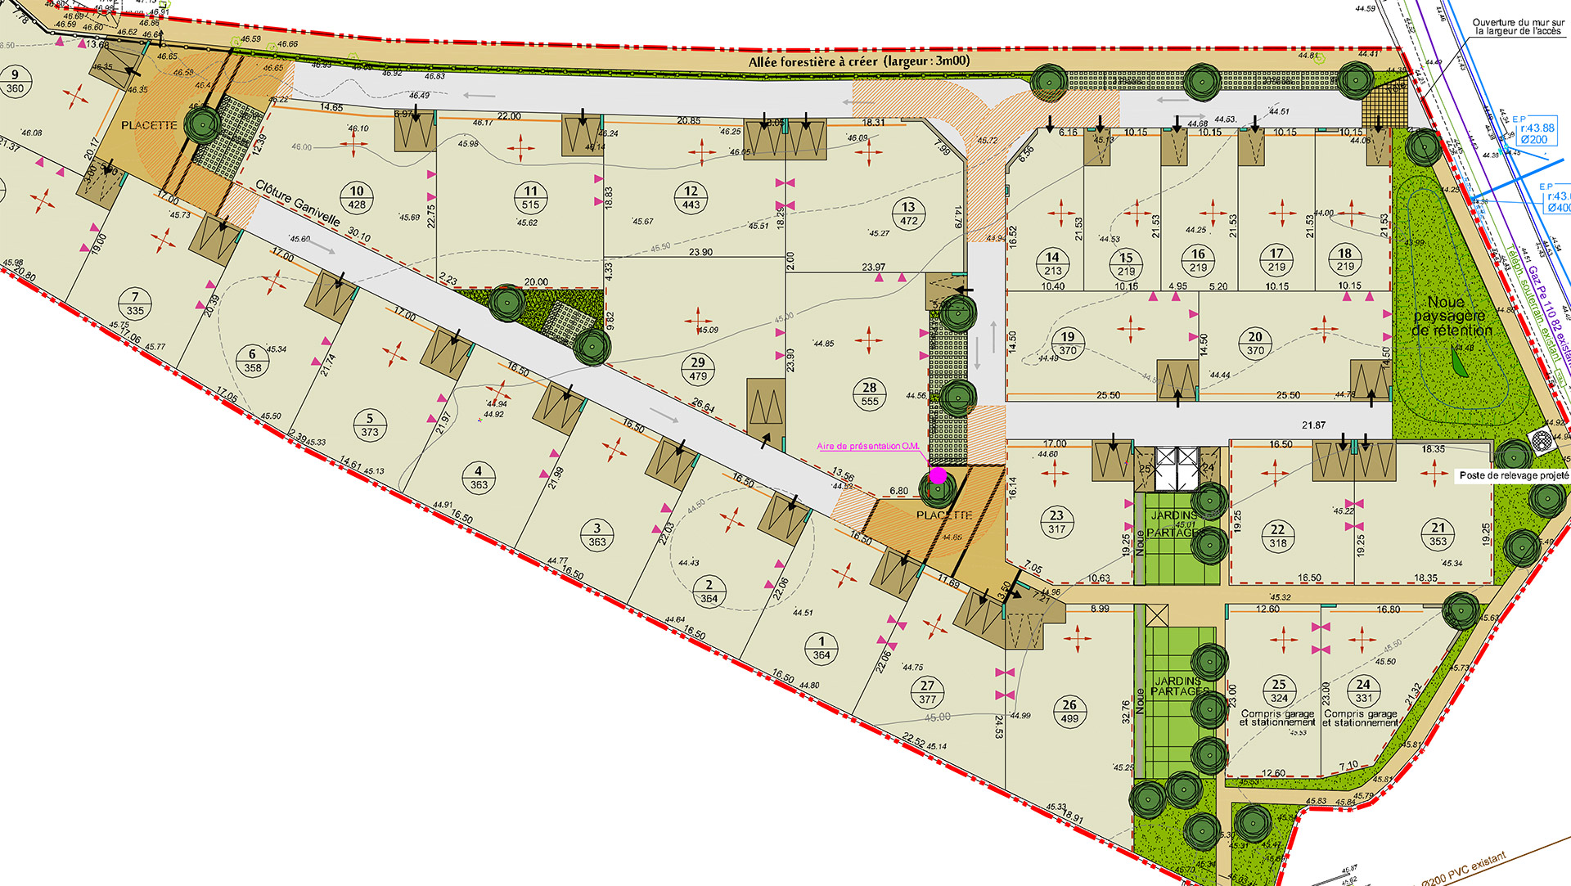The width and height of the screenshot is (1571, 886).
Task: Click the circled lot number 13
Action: pos(908,207)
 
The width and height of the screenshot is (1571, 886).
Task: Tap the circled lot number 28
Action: pos(870,388)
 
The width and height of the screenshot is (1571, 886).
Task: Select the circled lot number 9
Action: pos(15,75)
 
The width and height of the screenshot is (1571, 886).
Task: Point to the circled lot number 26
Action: pos(1069,704)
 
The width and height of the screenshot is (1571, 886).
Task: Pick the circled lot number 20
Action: pos(1255,337)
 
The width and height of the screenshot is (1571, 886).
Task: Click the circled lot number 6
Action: pos(252,354)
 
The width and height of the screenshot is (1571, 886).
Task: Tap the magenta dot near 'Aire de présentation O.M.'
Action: pos(938,475)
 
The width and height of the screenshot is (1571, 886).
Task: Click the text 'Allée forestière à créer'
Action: pos(813,61)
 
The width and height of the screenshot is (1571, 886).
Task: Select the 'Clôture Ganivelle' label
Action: pos(297,203)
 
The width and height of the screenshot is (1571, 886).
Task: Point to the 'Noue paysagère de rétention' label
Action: pos(1452,317)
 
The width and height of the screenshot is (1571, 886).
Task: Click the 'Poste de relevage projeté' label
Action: pos(1514,475)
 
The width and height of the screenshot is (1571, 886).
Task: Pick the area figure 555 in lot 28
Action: pos(870,402)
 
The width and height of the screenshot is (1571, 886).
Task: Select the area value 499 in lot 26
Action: pos(1069,719)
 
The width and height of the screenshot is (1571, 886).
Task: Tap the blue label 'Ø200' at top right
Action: pos(1533,140)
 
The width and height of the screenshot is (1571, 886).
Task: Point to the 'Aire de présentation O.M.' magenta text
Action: pos(867,447)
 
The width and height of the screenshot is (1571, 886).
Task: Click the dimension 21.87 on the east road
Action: pos(1313,425)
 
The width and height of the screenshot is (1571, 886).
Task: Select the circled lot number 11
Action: pos(531,191)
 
